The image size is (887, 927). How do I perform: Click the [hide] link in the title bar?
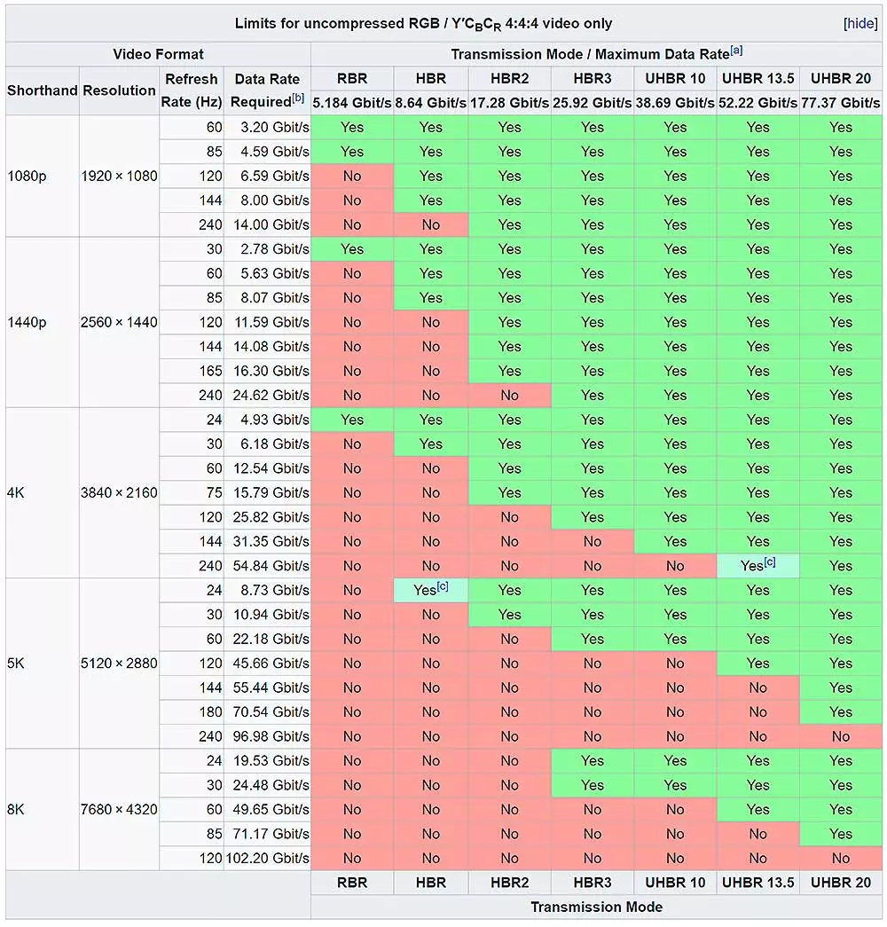pyautogui.click(x=860, y=24)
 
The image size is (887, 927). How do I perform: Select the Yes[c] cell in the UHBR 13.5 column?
pyautogui.click(x=757, y=565)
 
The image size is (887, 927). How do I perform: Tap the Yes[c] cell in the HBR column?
pyautogui.click(x=431, y=589)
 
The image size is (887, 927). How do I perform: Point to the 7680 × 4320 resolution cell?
pyautogui.click(x=119, y=809)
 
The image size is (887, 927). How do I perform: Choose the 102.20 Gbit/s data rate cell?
pyautogui.click(x=267, y=858)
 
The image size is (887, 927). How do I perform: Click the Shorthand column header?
pyautogui.click(x=42, y=90)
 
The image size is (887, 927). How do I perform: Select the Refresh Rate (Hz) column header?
pyautogui.click(x=191, y=90)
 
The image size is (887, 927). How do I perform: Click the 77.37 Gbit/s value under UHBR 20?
pyautogui.click(x=840, y=103)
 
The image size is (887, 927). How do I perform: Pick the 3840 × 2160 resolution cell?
pyautogui.click(x=119, y=492)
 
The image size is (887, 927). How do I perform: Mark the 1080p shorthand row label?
pyautogui.click(x=27, y=176)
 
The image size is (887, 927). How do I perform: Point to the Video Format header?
pyautogui.click(x=158, y=54)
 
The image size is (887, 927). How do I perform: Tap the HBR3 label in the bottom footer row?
pyautogui.click(x=592, y=882)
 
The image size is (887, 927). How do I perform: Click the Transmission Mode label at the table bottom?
pyautogui.click(x=596, y=907)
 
